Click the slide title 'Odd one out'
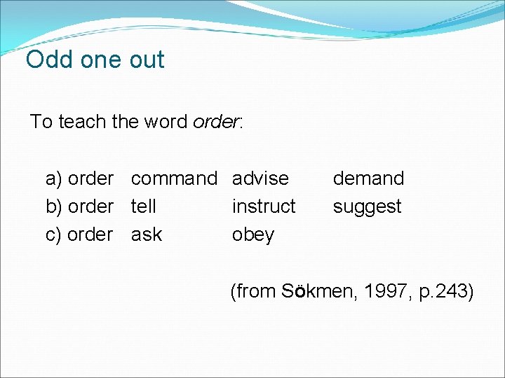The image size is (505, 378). (x=95, y=59)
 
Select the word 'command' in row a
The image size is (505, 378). (x=174, y=178)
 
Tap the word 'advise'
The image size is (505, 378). (x=260, y=178)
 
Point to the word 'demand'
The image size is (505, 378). (x=368, y=178)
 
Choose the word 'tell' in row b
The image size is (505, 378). (x=143, y=206)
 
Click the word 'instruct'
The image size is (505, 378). (x=264, y=206)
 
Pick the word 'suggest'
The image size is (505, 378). (x=367, y=207)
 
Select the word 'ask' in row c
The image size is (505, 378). (x=146, y=234)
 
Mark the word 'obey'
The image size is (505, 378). (x=252, y=235)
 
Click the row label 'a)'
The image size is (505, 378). (x=54, y=179)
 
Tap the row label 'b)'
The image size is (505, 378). (x=54, y=207)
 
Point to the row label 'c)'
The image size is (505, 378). (x=54, y=235)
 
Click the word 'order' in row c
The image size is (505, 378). (x=90, y=234)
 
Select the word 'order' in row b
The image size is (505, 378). (x=90, y=206)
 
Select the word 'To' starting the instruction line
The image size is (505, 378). (x=41, y=122)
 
